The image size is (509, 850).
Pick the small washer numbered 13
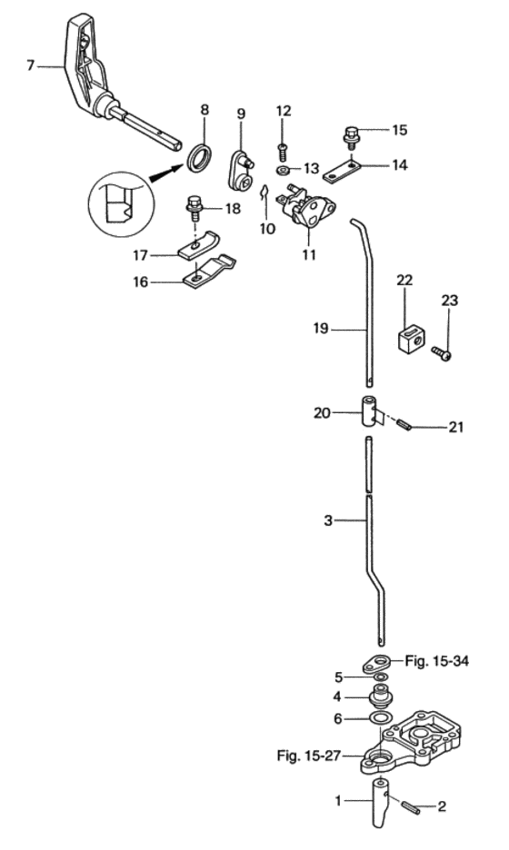pos(283,170)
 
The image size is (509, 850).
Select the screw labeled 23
pos(442,353)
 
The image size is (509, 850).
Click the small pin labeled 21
pos(404,424)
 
